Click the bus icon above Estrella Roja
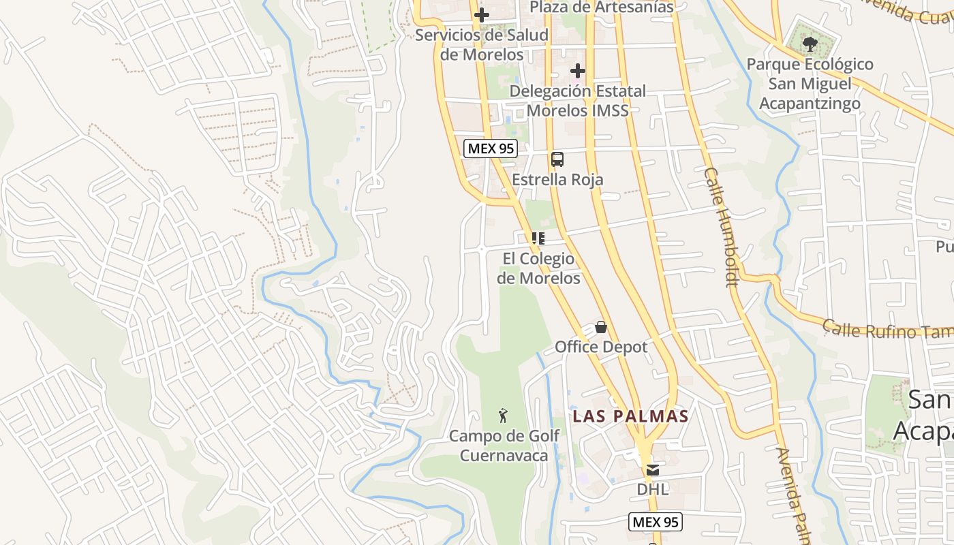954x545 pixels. tap(557, 159)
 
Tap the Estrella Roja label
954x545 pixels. tap(557, 180)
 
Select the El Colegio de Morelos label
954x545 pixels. tap(538, 268)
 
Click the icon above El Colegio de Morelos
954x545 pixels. tap(538, 238)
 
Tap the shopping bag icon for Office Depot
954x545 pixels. tap(601, 327)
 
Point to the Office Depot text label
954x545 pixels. tap(601, 347)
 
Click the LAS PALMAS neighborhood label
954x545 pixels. tap(630, 416)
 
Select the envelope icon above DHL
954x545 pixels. tap(653, 469)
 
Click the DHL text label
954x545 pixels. tap(653, 489)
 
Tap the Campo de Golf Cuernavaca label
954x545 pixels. tap(504, 446)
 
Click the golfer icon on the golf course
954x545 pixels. tap(504, 416)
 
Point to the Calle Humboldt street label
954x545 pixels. tap(722, 227)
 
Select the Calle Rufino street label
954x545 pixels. tap(886, 330)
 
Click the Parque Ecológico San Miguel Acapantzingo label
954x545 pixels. tap(810, 84)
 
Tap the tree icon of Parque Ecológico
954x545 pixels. tap(810, 45)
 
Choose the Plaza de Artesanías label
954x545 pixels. tap(601, 7)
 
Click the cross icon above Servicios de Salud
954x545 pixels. tap(482, 15)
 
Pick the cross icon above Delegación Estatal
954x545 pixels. tap(578, 71)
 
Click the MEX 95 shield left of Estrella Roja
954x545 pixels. tap(491, 149)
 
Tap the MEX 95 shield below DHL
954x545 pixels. tap(654, 523)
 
